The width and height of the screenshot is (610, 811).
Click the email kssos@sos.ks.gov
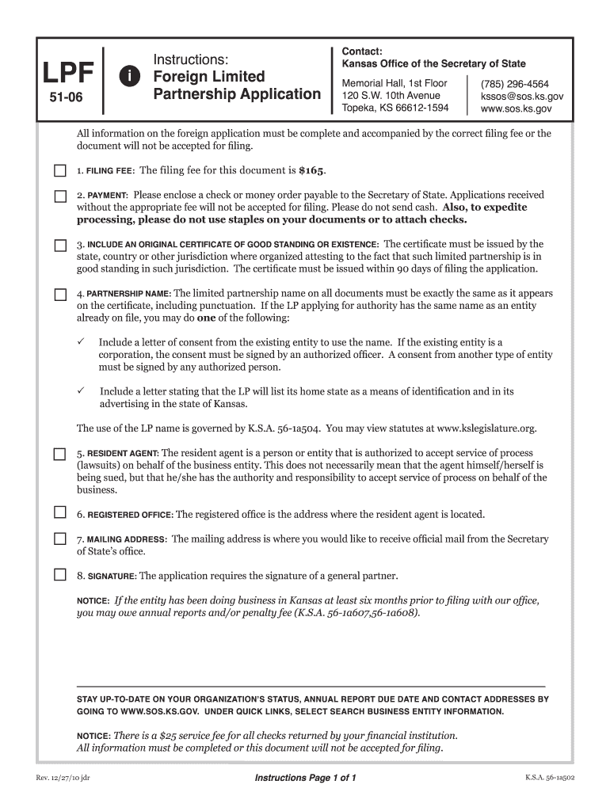(x=522, y=96)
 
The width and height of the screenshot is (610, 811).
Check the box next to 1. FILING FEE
(x=60, y=170)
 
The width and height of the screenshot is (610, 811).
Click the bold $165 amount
(x=311, y=170)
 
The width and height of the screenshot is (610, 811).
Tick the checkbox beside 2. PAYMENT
(x=60, y=196)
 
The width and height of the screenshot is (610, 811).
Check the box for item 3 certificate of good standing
(x=60, y=246)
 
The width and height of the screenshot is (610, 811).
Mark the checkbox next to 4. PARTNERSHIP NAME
(x=60, y=295)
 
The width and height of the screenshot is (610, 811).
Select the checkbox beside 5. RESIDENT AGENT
(x=60, y=455)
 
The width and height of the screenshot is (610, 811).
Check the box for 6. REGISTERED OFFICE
(x=60, y=513)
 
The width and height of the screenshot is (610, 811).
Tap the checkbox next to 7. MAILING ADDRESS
(x=60, y=539)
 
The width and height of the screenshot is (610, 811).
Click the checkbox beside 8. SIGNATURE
(x=60, y=575)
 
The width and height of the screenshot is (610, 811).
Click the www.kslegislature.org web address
(x=486, y=428)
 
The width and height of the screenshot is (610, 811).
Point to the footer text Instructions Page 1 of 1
(x=305, y=778)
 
